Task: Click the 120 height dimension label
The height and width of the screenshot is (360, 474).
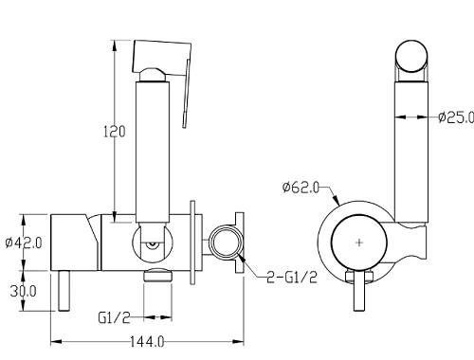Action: [115, 132]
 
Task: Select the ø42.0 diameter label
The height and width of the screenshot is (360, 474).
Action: [24, 243]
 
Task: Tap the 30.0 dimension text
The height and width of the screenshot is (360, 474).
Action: [23, 291]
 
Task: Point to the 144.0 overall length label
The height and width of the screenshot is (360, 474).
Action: [147, 341]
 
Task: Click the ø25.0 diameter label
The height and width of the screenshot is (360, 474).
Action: [456, 117]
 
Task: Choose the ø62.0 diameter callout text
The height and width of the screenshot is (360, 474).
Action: [301, 188]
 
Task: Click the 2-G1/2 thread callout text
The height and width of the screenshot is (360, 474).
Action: [292, 278]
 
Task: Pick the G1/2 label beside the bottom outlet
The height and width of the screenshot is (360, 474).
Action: [114, 317]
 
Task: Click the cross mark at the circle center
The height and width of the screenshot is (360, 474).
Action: [359, 243]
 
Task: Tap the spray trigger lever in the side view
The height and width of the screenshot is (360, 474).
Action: [187, 93]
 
